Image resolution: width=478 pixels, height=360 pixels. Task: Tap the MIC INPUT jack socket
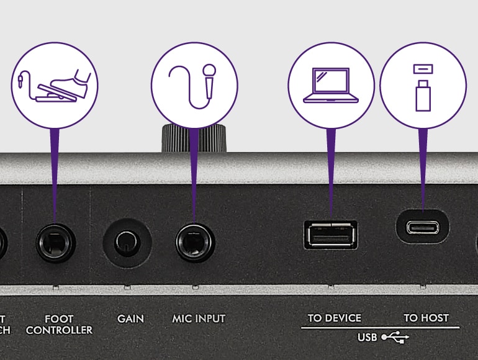coord(194,242)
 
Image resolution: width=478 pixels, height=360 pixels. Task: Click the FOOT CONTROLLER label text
coord(60,324)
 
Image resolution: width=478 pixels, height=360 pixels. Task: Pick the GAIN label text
coord(130,318)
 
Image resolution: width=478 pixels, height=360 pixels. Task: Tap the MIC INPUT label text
coord(199,318)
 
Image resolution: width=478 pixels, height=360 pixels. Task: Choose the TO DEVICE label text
coord(334,318)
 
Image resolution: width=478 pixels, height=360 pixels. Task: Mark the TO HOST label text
coord(426,318)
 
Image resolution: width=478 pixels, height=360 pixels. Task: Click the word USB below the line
coord(368,338)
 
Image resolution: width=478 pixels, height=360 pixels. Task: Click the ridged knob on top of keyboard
coord(194,138)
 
